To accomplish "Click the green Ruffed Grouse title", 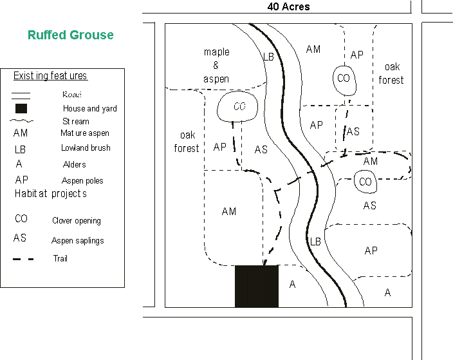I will coord(70,35).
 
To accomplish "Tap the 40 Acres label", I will coord(289,7).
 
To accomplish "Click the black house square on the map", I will coord(256,286).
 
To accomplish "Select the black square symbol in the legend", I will coord(21,108).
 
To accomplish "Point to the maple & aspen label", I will coord(216,64).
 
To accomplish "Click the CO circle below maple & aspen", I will coord(239,107).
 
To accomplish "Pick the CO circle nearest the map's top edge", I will coord(343,78).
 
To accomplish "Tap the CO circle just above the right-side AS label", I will coord(365,182).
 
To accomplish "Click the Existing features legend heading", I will coord(50,76).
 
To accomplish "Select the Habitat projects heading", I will coord(50,193).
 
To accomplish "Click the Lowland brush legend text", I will coord(86,147).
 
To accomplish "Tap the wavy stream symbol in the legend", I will coord(22,121).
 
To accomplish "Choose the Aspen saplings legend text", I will coord(77,240).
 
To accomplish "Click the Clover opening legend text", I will coord(76,220).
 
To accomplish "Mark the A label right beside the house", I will coord(292,284).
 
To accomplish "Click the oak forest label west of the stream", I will coord(187,142).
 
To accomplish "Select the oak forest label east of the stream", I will coord(391,73).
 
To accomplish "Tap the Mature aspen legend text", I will coord(85,133).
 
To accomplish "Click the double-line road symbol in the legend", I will coord(22,94).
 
